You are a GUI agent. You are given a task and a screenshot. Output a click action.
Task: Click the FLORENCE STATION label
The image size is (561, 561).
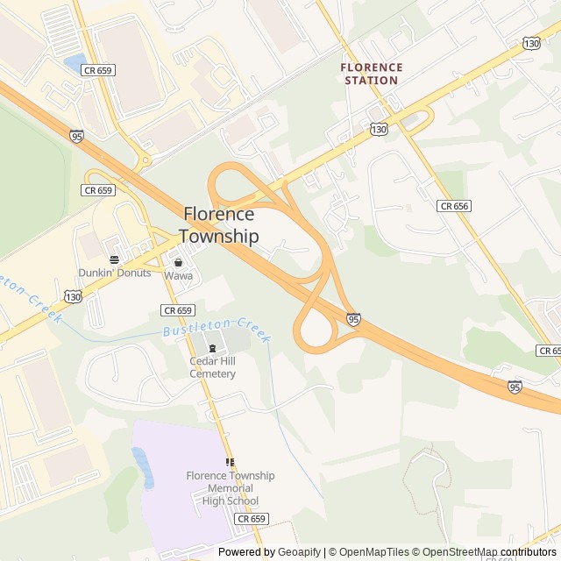click(x=371, y=74)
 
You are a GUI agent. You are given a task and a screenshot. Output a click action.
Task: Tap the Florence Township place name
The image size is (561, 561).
click(x=219, y=225)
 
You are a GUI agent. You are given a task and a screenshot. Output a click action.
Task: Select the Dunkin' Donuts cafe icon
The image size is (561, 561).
click(x=114, y=259)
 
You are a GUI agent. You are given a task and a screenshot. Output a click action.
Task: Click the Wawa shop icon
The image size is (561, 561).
click(x=178, y=262)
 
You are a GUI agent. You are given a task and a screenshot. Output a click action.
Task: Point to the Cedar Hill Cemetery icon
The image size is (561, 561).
click(x=212, y=348)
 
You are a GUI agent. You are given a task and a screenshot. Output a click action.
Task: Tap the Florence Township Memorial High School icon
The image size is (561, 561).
click(x=230, y=462)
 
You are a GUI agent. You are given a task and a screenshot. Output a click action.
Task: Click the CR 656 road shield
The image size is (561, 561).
click(x=455, y=205)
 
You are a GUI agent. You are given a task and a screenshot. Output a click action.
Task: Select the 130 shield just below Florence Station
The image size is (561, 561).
click(x=379, y=129)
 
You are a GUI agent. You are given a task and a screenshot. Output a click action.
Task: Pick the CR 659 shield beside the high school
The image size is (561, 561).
click(x=251, y=519)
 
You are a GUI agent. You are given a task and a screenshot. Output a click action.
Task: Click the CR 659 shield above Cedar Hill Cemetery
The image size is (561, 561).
click(x=177, y=310)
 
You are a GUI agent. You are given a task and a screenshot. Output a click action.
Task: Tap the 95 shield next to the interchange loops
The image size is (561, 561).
click(x=352, y=319)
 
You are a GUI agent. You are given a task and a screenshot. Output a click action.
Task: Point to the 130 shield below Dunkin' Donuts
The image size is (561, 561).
click(x=74, y=298)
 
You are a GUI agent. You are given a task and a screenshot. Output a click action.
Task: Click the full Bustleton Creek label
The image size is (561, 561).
click(x=216, y=330)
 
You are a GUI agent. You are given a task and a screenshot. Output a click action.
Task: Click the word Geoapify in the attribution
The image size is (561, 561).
click(x=299, y=552)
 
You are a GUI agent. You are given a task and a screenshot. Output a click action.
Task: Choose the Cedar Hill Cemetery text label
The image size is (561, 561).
click(x=213, y=367)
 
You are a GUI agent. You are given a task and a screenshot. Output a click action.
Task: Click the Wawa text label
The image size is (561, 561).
click(x=178, y=275)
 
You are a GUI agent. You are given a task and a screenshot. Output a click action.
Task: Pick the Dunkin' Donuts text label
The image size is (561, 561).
click(x=115, y=273)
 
